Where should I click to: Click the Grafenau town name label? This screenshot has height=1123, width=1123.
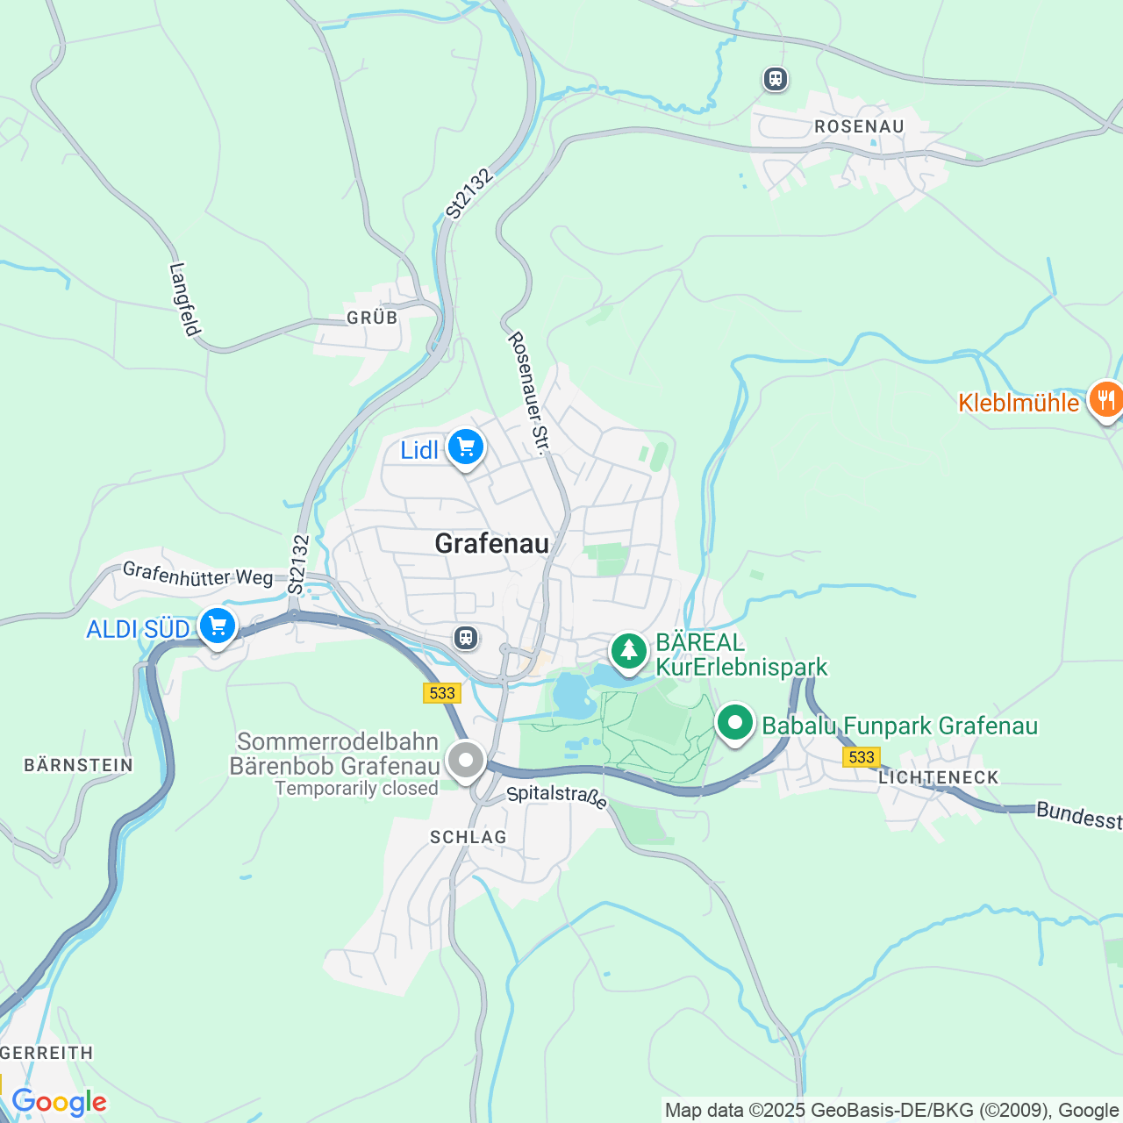click(491, 544)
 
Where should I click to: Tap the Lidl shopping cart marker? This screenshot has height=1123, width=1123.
click(465, 448)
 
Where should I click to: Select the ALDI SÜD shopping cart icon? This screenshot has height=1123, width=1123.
click(217, 626)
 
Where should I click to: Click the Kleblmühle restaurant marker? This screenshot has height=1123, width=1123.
click(1105, 400)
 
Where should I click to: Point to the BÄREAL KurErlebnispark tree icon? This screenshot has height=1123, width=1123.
click(628, 652)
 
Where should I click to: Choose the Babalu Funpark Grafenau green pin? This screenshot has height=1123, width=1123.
click(735, 724)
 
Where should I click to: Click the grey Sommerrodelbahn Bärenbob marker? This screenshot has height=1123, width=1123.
click(465, 760)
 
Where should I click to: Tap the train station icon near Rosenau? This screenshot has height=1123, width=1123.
click(775, 79)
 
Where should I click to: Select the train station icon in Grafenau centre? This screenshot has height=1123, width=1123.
click(466, 638)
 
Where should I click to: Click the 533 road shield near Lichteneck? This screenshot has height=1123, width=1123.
click(861, 757)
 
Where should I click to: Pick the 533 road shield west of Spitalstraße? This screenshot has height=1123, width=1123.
click(441, 693)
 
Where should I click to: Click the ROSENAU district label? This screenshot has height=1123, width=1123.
click(859, 126)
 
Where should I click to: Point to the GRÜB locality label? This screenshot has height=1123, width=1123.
click(372, 318)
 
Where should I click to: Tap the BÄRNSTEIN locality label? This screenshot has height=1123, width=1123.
click(78, 765)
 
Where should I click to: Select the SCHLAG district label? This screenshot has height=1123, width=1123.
click(469, 837)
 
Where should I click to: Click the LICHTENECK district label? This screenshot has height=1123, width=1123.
click(939, 777)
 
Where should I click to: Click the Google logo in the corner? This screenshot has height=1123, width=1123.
click(59, 1102)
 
